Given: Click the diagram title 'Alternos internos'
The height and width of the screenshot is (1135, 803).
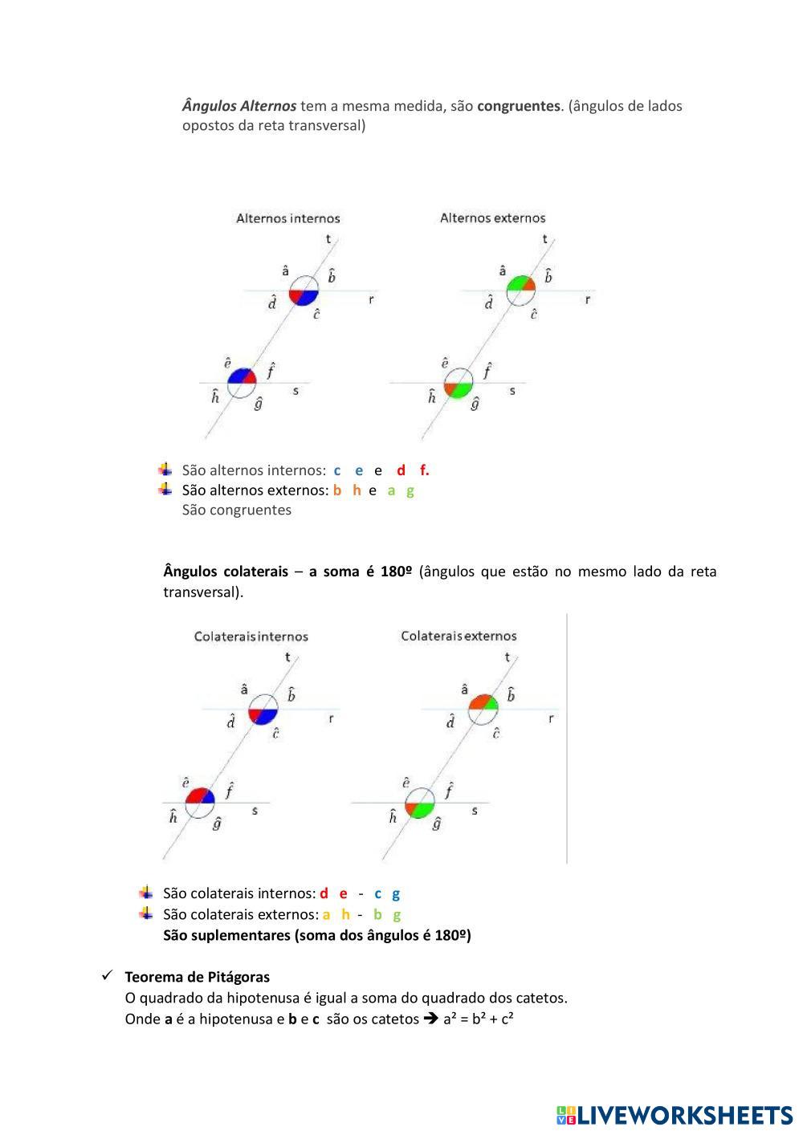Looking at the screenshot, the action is pyautogui.click(x=287, y=218).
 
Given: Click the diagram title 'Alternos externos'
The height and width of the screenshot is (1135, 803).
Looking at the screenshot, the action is pyautogui.click(x=492, y=218).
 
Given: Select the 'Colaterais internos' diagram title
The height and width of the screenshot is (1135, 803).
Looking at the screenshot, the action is pyautogui.click(x=251, y=637).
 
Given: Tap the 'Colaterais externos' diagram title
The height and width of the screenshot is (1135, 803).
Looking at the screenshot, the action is pyautogui.click(x=459, y=636).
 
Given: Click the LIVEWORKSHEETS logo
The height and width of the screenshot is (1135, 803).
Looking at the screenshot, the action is pyautogui.click(x=675, y=1115).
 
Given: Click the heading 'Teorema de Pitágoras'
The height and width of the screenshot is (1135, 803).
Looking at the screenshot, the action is pyautogui.click(x=197, y=977).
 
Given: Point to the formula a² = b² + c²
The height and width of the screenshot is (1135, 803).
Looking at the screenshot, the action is pyautogui.click(x=479, y=1019).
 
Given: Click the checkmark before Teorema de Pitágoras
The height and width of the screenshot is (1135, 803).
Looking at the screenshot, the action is pyautogui.click(x=106, y=976).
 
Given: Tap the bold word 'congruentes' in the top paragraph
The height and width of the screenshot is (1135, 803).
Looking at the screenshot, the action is pyautogui.click(x=518, y=106).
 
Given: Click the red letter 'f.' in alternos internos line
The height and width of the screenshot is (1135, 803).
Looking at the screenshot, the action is pyautogui.click(x=424, y=470).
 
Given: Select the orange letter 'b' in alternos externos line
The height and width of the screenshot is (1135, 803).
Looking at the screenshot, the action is pyautogui.click(x=337, y=490).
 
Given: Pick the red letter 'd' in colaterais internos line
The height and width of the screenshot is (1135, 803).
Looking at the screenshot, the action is pyautogui.click(x=324, y=893).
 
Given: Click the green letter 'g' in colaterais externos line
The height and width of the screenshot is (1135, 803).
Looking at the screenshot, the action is pyautogui.click(x=397, y=914).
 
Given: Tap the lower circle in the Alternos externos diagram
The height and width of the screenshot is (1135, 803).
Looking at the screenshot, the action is pyautogui.click(x=459, y=384).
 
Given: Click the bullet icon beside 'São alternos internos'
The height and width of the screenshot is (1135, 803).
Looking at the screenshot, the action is pyautogui.click(x=165, y=470).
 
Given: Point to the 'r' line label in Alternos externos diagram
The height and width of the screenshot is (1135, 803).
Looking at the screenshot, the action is pyautogui.click(x=588, y=299).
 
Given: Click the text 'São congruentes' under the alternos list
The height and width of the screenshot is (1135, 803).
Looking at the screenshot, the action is pyautogui.click(x=237, y=511).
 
